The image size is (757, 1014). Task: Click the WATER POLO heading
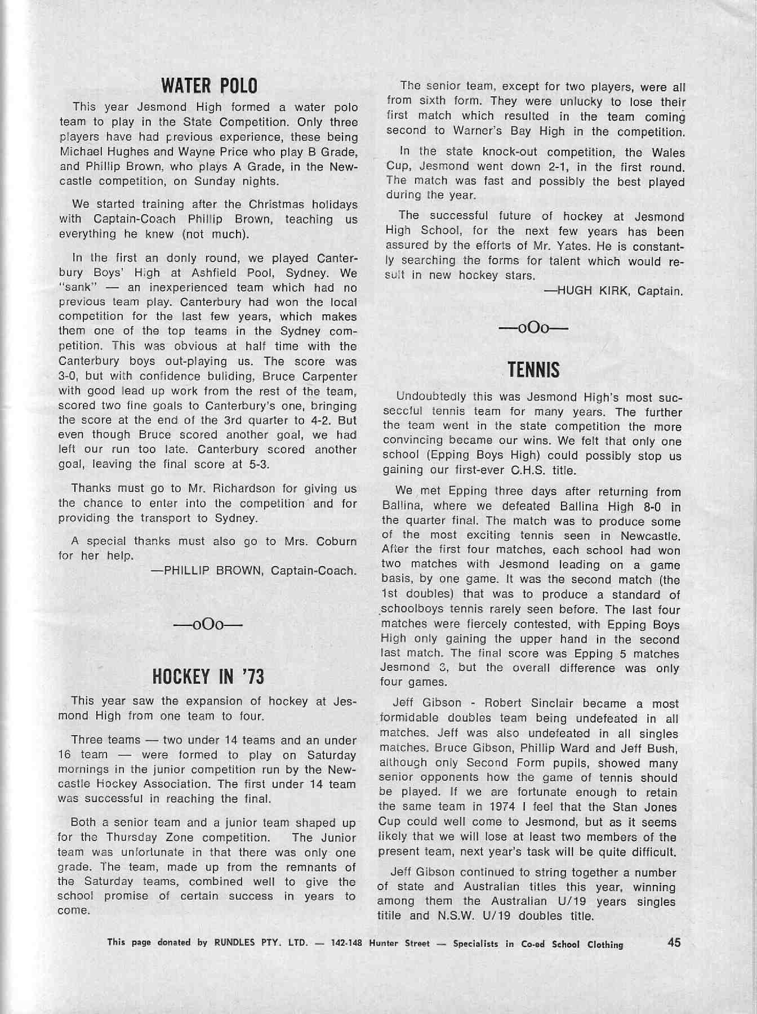click(209, 86)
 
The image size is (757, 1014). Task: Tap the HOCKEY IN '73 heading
click(208, 677)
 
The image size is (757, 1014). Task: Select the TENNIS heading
click(533, 370)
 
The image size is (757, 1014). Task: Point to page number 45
click(674, 942)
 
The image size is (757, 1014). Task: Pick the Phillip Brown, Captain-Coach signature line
click(253, 571)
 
